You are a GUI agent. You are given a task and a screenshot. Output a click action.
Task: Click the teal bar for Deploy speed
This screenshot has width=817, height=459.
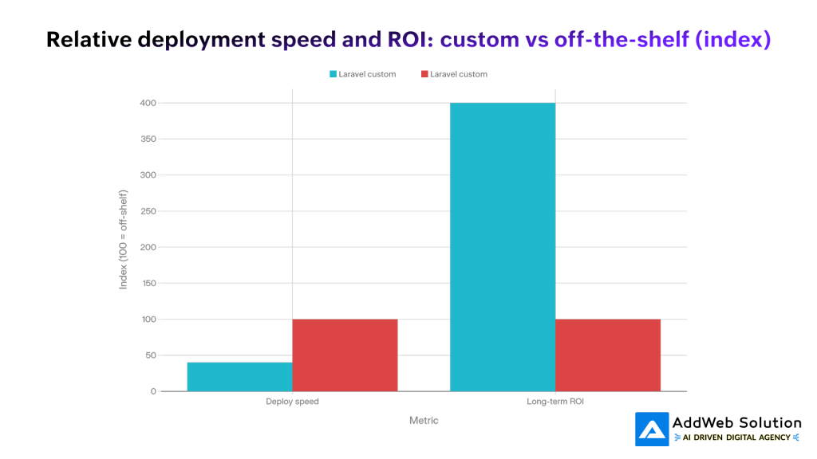coord(239,377)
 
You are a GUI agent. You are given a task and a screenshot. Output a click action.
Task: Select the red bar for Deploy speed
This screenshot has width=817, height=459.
coord(345,355)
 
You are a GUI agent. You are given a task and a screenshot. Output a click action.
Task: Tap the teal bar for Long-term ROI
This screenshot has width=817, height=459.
coord(503,247)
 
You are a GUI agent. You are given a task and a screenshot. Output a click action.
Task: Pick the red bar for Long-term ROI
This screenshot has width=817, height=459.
coord(608,355)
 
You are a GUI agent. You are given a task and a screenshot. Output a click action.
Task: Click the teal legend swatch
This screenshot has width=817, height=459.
coord(333,74)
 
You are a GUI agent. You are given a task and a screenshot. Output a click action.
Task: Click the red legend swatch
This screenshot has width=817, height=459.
coord(424,74)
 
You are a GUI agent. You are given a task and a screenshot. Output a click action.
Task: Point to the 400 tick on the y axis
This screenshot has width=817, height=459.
coord(147,103)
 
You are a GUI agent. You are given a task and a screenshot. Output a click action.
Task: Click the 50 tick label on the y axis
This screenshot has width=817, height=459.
coord(150,355)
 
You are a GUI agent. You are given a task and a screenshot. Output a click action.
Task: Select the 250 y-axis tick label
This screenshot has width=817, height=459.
coord(147,211)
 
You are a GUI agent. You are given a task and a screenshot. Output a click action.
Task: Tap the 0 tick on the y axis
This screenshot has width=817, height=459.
coord(152,391)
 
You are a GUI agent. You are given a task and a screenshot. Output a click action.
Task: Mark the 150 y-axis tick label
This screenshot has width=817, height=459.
coord(147,283)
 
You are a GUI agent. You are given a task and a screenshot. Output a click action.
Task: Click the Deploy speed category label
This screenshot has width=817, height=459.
coord(292,402)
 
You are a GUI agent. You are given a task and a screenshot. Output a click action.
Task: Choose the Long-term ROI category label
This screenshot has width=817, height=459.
coord(555,402)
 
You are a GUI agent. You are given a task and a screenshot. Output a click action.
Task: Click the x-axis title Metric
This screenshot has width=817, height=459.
coord(424,420)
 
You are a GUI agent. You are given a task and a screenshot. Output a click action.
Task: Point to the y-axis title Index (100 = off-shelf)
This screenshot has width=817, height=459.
coord(124,239)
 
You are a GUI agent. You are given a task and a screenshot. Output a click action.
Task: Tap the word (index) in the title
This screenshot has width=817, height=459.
coord(733,39)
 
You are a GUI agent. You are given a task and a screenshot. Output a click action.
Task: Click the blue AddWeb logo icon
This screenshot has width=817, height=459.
coord(652,429)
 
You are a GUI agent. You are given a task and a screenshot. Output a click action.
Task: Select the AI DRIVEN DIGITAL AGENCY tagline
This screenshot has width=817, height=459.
coord(736,437)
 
